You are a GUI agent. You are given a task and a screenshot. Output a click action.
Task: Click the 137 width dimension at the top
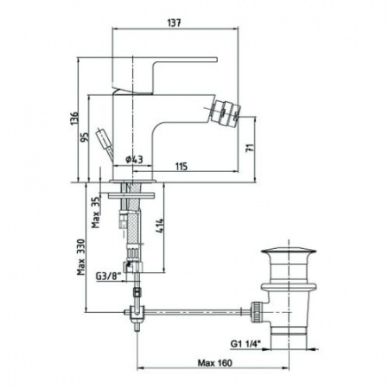(175, 22)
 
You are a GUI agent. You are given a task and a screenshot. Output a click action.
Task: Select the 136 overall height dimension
(74, 118)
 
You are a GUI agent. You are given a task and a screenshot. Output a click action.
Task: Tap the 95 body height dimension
(84, 137)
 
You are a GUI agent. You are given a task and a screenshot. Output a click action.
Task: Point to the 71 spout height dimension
(250, 148)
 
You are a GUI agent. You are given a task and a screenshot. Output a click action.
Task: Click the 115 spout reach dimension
(182, 166)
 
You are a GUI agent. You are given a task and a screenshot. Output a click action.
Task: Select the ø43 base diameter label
(134, 159)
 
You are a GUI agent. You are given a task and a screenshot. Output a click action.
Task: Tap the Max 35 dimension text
(96, 212)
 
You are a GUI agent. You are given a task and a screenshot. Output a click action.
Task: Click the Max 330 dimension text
(81, 257)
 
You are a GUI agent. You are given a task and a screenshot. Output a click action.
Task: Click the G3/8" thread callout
(107, 277)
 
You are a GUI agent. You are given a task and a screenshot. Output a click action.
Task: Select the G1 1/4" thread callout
(246, 343)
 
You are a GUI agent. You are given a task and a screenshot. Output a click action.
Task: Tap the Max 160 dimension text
(214, 363)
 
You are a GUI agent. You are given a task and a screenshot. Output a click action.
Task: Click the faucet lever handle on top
(164, 75)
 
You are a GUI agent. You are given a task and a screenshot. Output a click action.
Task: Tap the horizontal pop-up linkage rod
(193, 311)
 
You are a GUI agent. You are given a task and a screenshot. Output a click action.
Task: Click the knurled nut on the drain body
(256, 312)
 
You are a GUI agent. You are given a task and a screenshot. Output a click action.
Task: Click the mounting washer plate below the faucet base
(131, 195)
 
